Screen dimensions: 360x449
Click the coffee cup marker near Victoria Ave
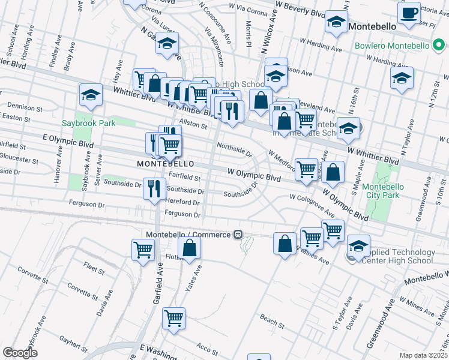click(410, 13)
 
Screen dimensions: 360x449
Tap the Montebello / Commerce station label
click(188, 234)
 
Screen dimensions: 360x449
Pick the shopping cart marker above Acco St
click(173, 318)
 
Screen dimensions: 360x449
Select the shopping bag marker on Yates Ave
click(189, 247)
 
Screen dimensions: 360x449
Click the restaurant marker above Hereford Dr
click(154, 187)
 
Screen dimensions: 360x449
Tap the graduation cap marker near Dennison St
click(91, 95)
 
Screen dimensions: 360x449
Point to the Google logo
click(20, 353)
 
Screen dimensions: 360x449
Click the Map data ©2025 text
click(423, 355)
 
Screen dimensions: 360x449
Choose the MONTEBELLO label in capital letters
click(165, 163)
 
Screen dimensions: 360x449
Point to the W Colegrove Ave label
click(312, 205)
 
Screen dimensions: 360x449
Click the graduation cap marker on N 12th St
click(402, 77)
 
